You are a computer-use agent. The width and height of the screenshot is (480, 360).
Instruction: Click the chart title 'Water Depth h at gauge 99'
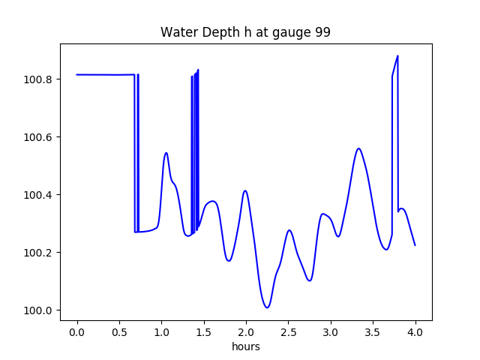click(246, 33)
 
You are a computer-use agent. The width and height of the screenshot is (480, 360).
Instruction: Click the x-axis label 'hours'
click(246, 347)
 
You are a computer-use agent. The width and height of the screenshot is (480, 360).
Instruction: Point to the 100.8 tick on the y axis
click(39, 79)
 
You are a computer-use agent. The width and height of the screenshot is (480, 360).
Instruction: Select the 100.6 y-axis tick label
click(39, 137)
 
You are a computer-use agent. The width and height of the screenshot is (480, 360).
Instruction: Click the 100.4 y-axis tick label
click(39, 195)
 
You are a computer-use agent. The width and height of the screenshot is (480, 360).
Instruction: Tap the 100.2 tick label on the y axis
click(39, 253)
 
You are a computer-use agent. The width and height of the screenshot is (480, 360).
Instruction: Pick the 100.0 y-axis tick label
click(39, 310)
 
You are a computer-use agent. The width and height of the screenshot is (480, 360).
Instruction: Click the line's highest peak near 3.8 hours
click(397, 56)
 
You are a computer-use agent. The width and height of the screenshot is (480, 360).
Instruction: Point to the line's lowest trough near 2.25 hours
click(267, 307)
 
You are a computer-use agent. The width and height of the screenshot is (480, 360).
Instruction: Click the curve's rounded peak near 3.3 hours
click(358, 148)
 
